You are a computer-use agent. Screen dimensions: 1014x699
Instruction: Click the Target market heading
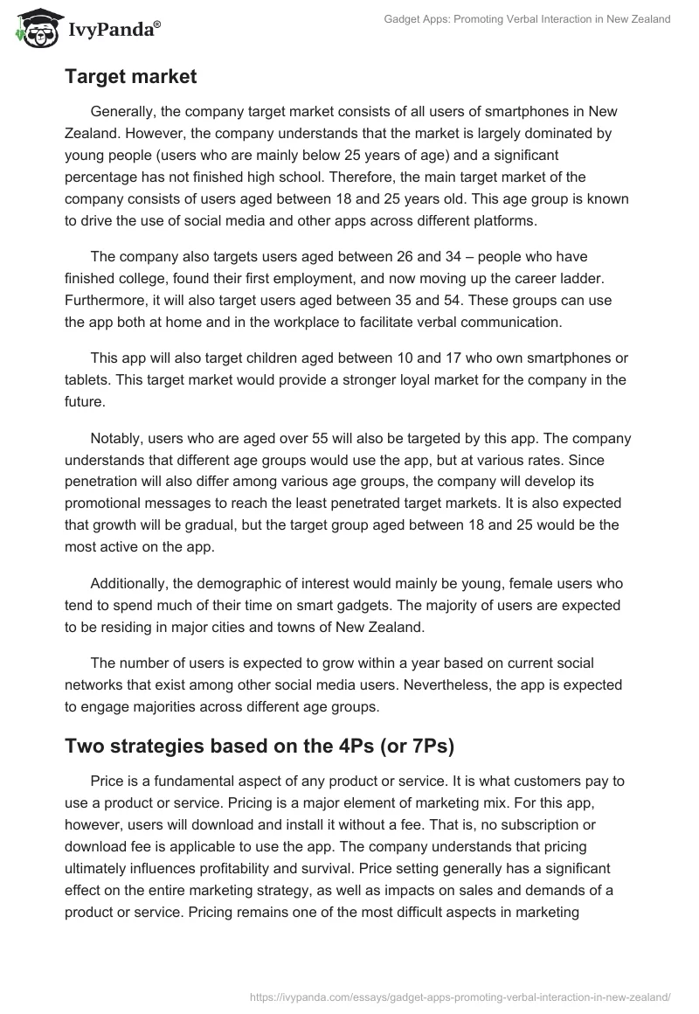coord(130,77)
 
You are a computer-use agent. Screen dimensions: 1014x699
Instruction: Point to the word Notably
coord(118,438)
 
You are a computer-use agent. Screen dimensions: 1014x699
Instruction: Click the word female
coord(490,583)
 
